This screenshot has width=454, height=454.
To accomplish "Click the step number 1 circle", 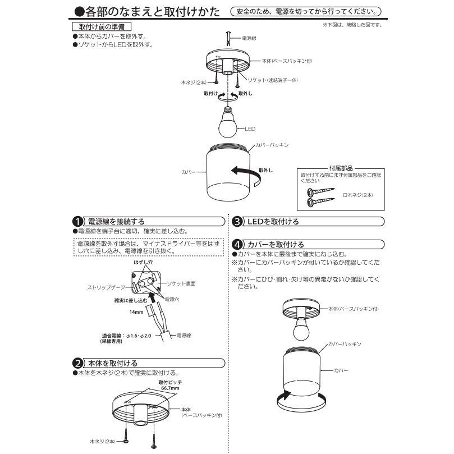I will pyautogui.click(x=78, y=221).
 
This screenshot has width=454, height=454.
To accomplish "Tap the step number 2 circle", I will pyautogui.click(x=78, y=364).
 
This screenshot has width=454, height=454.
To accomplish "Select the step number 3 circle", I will pyautogui.click(x=237, y=221).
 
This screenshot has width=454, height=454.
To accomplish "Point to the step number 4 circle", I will pyautogui.click(x=237, y=245).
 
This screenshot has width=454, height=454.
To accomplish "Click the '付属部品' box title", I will pyautogui.click(x=341, y=168).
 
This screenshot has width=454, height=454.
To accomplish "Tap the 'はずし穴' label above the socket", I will pyautogui.click(x=143, y=262).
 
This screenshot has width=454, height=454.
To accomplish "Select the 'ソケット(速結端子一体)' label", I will pyautogui.click(x=273, y=80).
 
